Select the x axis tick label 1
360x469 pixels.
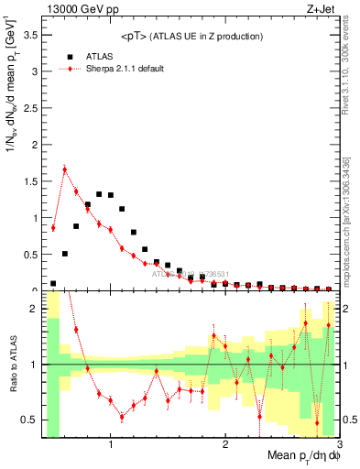tap(111, 446)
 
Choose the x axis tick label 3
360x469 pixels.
tap(338, 446)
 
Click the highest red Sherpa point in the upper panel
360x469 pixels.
tap(65, 169)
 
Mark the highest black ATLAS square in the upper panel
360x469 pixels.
tap(99, 194)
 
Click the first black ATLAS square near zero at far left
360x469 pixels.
tap(53, 284)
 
